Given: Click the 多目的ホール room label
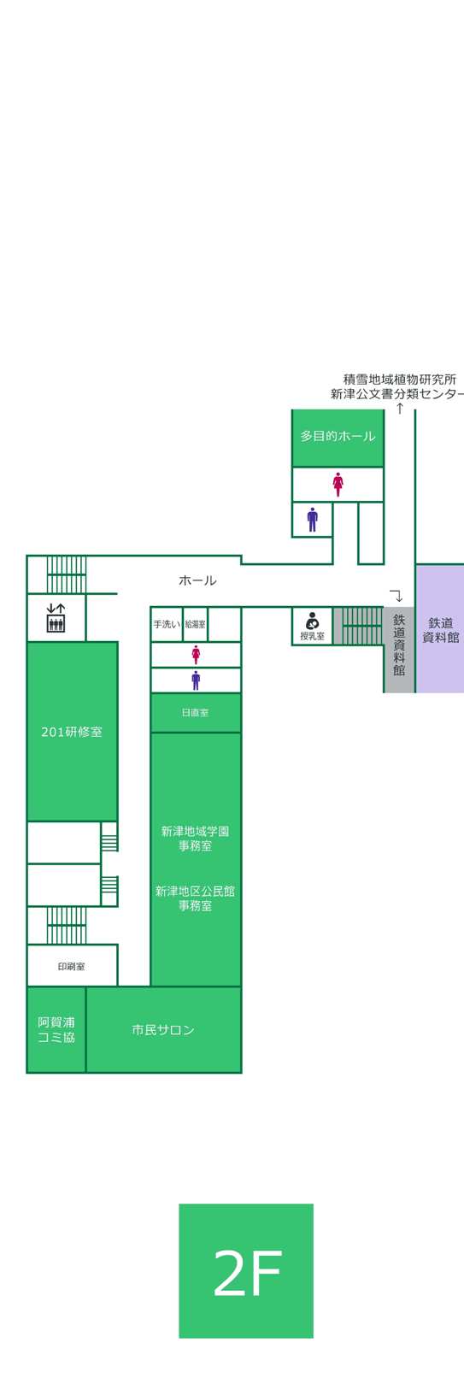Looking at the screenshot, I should tap(338, 436).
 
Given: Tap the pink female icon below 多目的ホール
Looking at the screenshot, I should tap(338, 484).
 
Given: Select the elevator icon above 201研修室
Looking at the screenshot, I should tap(56, 618).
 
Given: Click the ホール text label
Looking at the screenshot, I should tap(197, 580).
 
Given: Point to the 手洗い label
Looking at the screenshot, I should tap(167, 624).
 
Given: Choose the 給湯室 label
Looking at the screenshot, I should tap(195, 624).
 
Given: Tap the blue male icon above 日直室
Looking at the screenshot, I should tap(196, 680).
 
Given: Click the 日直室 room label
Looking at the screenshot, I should tap(195, 712).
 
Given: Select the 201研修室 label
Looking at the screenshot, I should tap(72, 732).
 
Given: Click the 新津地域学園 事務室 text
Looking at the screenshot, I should tap(195, 838).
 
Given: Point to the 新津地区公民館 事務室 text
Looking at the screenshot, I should tap(195, 898).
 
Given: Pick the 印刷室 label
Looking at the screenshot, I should tap(71, 966).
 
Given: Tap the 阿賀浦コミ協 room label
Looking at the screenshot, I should tap(56, 1029).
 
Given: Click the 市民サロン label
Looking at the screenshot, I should tap(163, 1030).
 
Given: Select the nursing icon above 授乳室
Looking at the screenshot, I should tap(312, 621).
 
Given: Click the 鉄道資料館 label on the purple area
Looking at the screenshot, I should tap(440, 630).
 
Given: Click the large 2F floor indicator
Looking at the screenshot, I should tap(246, 1270).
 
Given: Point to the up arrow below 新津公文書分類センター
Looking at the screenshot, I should tap(399, 409).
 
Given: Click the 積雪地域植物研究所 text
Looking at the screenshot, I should tap(399, 379).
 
